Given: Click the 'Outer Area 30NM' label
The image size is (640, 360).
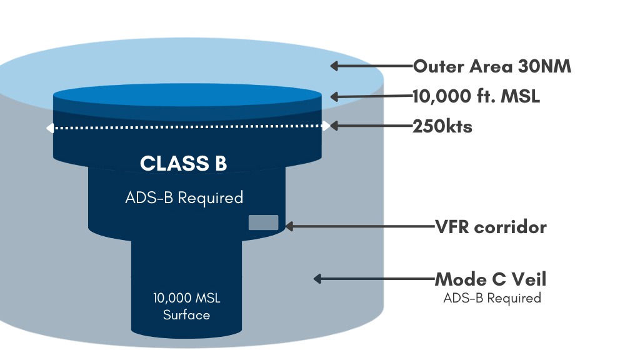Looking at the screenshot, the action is click(492, 66).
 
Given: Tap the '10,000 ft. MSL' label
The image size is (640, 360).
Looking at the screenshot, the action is click(476, 96).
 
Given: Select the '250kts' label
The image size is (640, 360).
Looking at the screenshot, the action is click(442, 126).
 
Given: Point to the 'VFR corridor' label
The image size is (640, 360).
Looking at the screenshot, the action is click(491, 227).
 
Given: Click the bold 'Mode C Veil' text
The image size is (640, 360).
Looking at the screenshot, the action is click(490, 279).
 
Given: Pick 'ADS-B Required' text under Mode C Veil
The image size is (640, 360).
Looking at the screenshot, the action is click(492, 298).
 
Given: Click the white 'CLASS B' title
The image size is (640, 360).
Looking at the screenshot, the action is click(183, 163).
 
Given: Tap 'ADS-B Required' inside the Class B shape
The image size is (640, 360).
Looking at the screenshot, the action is click(184, 197).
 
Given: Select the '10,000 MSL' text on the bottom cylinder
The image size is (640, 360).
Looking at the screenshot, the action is click(186, 298).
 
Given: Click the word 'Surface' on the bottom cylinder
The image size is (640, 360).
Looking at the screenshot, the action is click(186, 315).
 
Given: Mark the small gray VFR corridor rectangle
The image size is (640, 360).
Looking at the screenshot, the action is click(264, 222).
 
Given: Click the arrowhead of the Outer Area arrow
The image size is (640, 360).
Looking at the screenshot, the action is click(334, 66).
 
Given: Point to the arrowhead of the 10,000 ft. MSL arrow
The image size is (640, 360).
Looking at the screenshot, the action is click(334, 97).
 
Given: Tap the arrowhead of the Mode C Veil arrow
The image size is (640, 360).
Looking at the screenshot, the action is click(317, 279).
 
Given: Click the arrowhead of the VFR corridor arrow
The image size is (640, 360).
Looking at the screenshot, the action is click(289, 226).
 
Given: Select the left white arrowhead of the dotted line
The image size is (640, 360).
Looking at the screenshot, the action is click(50, 128).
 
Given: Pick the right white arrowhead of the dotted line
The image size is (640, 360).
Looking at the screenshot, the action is click(326, 126).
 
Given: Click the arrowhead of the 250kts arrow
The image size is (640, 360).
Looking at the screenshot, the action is click(334, 126).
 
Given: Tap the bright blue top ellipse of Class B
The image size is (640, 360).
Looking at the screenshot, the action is click(187, 95).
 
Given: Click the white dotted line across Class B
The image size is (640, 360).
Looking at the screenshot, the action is click(187, 127).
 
